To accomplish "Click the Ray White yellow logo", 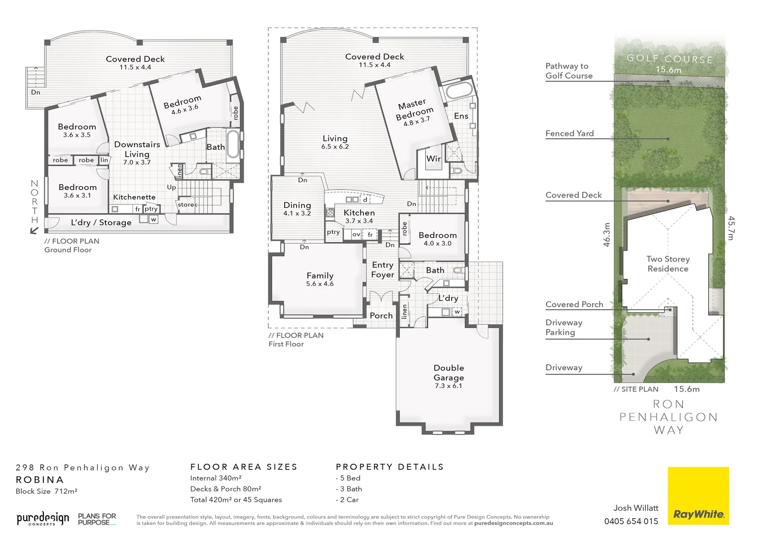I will point(698,495).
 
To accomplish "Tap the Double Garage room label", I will point(449,372).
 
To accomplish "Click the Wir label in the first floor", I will point(434,159).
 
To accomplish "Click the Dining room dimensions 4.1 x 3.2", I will point(297,213).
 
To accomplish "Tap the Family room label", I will point(320,275).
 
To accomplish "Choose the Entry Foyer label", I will point(382,269).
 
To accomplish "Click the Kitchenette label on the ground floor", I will point(134,197).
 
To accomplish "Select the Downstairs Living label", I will point(137,149).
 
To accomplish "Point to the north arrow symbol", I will point(34,230).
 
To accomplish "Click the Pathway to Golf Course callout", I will point(569,70).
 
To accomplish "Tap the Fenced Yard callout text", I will point(569,133).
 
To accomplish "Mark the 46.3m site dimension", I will point(607,234).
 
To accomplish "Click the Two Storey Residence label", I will point(668,264).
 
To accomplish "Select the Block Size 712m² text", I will point(46,491).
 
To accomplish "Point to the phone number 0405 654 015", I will point(631,521).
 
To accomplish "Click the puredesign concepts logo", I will point(43,519).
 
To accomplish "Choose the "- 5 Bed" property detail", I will point(348,478).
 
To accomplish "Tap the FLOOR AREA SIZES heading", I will point(243,467).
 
